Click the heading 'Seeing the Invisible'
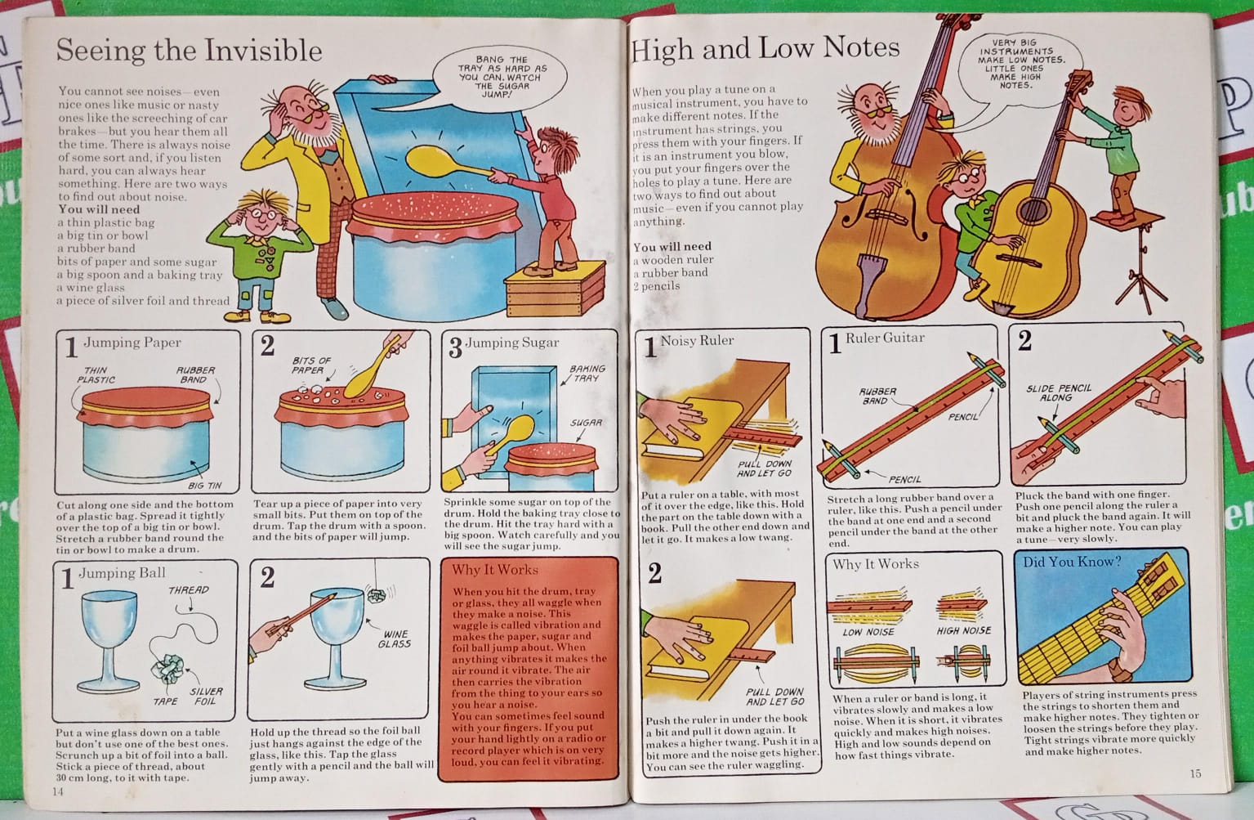click(x=190, y=51)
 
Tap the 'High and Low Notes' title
click(x=765, y=47)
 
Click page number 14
click(x=58, y=791)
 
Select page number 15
click(x=1195, y=773)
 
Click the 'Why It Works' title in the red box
click(x=494, y=570)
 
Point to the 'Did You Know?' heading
click(x=1072, y=562)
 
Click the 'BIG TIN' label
click(x=204, y=486)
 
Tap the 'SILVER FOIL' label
click(x=206, y=697)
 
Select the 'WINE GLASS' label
click(x=395, y=639)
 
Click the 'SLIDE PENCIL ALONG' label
click(x=1059, y=393)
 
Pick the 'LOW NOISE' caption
click(x=868, y=632)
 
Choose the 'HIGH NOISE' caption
click(x=963, y=630)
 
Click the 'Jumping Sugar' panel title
click(x=511, y=343)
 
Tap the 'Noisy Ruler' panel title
click(x=697, y=340)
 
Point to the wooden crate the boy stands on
click(x=555, y=289)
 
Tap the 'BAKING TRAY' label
click(x=587, y=374)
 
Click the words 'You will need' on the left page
click(x=99, y=209)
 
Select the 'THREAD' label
click(x=189, y=589)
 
